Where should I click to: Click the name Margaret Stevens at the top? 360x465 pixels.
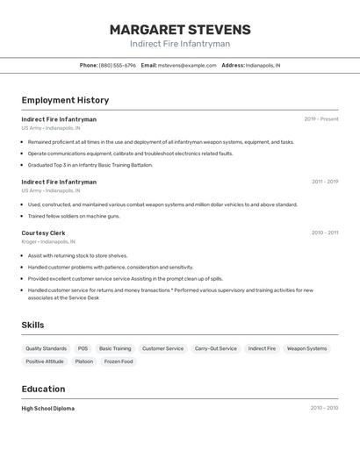click(180, 29)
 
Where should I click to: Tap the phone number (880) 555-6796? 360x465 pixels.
click(118, 65)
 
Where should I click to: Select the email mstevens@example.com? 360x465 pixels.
click(187, 65)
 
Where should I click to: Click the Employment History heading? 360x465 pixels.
click(65, 100)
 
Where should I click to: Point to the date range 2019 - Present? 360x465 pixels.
click(321, 119)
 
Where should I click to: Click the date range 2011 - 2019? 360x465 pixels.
click(325, 182)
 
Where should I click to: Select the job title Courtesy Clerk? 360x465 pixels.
click(43, 232)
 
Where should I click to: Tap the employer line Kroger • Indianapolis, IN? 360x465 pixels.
click(48, 241)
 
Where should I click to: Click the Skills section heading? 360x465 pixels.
click(32, 325)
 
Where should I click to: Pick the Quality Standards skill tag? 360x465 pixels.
click(46, 348)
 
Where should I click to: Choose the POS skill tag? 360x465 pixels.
click(83, 348)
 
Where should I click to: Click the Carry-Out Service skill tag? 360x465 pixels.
click(216, 348)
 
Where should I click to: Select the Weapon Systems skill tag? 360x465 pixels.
click(306, 348)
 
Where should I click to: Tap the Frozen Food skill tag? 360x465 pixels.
click(119, 361)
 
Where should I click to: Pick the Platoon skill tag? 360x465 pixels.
click(83, 361)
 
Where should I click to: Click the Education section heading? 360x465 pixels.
click(43, 389)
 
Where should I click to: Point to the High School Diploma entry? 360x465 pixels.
click(48, 408)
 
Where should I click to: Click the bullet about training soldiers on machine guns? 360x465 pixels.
click(74, 216)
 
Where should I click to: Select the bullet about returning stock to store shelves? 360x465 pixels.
click(77, 255)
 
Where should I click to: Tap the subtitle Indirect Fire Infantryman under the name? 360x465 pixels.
click(180, 44)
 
